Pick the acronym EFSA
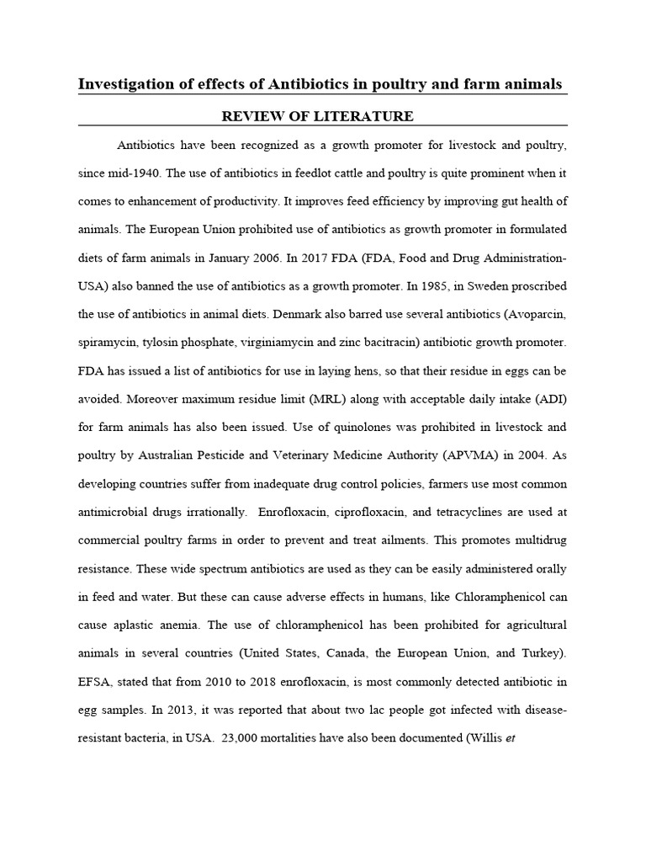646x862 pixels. tap(97, 682)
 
